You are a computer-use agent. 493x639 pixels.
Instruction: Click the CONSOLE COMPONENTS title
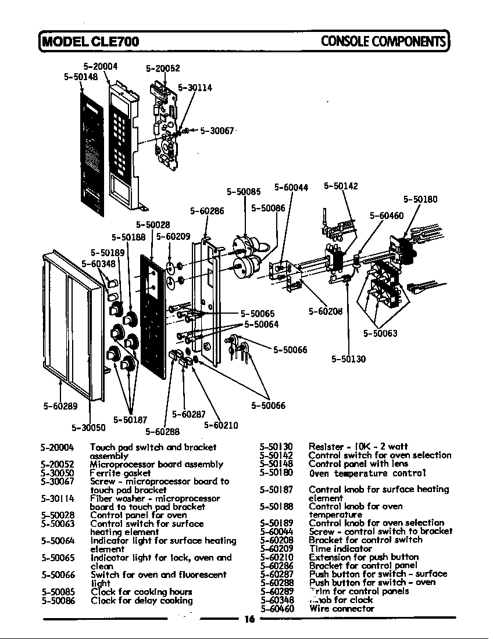tap(383, 41)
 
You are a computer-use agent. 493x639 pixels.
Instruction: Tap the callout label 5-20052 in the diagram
tap(163, 68)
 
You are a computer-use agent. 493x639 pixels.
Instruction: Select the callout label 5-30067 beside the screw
tap(217, 131)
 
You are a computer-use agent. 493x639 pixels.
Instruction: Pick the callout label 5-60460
tap(387, 216)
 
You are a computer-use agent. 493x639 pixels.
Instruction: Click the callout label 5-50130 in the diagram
tap(349, 359)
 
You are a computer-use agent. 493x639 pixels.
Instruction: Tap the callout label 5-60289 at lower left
tap(60, 406)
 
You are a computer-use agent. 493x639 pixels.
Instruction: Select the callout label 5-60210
tap(221, 425)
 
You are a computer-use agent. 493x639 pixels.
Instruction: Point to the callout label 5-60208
tap(326, 311)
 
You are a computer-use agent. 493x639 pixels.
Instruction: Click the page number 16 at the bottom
tap(249, 619)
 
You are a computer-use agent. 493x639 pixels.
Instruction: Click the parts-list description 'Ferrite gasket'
tap(120, 473)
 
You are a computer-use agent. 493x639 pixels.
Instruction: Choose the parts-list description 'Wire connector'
tap(342, 609)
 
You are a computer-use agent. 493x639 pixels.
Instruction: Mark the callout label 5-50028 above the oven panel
tap(153, 224)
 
